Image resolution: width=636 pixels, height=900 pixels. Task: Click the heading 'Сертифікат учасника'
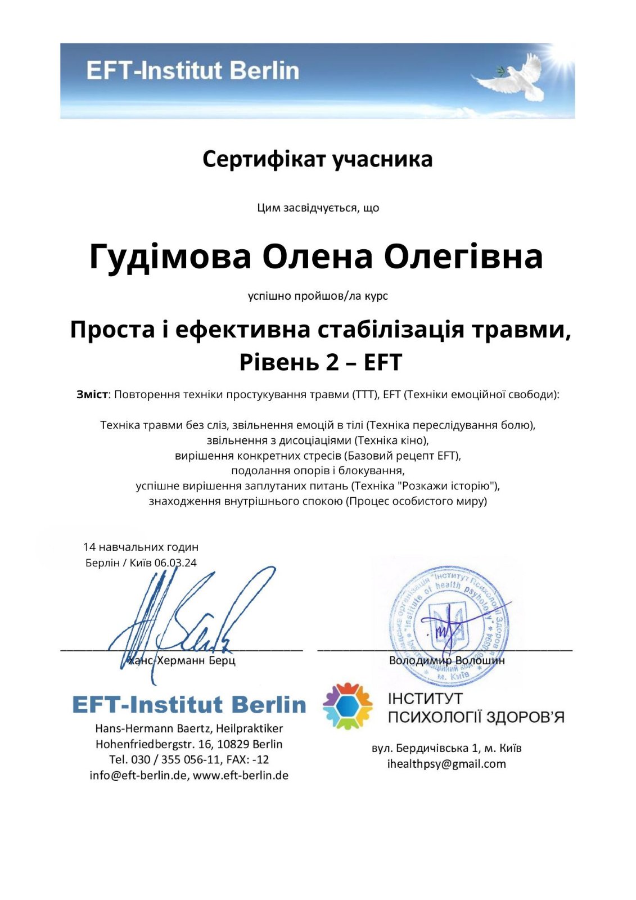[x=317, y=159]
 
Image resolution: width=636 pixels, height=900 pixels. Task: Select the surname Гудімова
[x=170, y=256]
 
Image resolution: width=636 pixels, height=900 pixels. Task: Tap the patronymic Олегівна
[x=463, y=256]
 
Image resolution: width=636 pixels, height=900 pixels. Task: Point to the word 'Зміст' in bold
[x=92, y=394]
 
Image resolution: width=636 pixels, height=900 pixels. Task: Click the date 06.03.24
[x=175, y=563]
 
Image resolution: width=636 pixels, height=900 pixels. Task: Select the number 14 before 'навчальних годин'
[x=89, y=547]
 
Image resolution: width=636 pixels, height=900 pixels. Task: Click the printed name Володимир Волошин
[x=446, y=660]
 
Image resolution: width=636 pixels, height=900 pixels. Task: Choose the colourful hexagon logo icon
[x=348, y=706]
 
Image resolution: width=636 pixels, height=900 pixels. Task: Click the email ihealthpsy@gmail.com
[x=446, y=764]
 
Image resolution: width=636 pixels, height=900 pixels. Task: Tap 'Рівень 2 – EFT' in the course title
[x=321, y=362]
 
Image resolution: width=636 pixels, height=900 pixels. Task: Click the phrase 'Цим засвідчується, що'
[x=318, y=208]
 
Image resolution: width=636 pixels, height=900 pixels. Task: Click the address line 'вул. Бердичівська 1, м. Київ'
[x=446, y=748]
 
